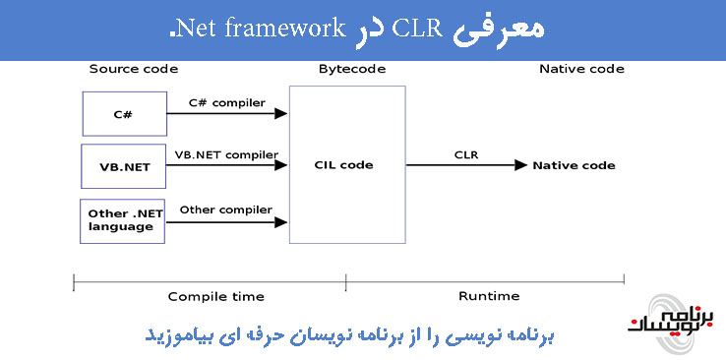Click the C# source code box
123,115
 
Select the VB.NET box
123,166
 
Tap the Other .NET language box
120,220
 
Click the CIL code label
343,165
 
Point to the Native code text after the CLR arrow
574,165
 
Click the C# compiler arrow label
227,102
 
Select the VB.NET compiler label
226,154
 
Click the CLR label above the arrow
466,154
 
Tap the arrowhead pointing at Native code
519,165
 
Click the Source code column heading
134,69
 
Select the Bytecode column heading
352,69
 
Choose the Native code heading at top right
581,69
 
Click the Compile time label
215,296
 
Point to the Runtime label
489,296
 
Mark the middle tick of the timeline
345,283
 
